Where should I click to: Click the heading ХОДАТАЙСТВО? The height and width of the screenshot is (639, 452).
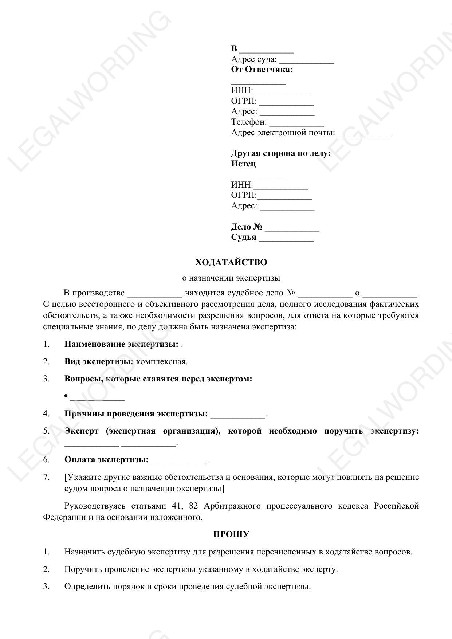coord(231,262)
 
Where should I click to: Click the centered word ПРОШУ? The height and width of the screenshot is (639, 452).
coord(231,534)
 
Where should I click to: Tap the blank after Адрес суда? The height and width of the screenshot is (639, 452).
coord(306,60)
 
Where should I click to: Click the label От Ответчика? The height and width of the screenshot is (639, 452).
coord(262,70)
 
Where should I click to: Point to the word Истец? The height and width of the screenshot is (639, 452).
coord(243,164)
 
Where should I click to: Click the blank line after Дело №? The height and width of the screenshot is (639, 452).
coord(292,228)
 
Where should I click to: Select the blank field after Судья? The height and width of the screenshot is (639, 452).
coord(286,238)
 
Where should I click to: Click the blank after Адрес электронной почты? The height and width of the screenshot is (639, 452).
coord(365,134)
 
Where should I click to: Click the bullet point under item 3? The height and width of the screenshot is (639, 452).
coord(66,396)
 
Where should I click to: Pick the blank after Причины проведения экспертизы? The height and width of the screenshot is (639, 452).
coord(238,415)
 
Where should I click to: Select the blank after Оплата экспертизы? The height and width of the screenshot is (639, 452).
coord(178,461)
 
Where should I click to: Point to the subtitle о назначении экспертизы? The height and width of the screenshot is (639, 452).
coord(231,278)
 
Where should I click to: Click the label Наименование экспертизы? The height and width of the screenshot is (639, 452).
coord(121,344)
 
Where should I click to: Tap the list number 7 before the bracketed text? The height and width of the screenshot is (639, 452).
coord(46,477)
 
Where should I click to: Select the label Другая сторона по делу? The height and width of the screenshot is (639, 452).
coord(281,153)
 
